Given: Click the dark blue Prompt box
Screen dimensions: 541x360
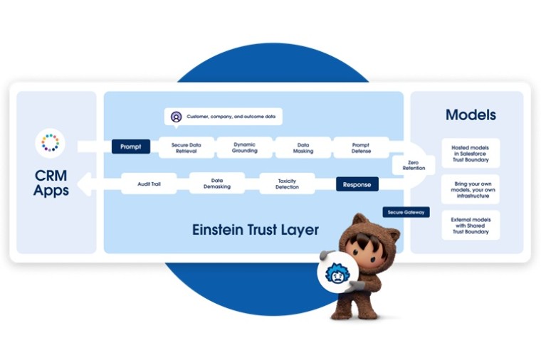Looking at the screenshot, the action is coord(131,147).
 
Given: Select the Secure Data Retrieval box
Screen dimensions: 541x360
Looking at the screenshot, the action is coord(187,148).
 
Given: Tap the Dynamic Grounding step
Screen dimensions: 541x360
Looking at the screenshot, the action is coord(245,147).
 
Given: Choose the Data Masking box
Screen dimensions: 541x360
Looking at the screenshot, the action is coord(303,148).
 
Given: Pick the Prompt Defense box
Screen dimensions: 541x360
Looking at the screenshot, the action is coord(361,148).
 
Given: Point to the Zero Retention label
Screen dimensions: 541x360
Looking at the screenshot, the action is coord(414,165).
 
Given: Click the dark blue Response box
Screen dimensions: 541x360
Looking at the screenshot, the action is coord(357,184).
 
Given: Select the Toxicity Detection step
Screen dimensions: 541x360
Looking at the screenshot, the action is coord(287,184).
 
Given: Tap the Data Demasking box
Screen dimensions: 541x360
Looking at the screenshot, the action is coord(217,184).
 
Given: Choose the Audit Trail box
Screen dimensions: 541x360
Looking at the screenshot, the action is coord(149,184).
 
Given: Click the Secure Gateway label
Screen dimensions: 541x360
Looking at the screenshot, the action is coord(406,212).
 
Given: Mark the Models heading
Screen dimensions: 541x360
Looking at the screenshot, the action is coord(471,115).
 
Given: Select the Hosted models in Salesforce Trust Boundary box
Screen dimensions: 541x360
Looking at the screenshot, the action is coord(471,154).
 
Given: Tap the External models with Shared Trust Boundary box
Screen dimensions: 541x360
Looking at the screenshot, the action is coord(471,226).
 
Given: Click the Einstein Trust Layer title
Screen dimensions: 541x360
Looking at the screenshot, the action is coord(256,230).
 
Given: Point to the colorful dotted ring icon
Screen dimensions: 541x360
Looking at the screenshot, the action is coord(51,143).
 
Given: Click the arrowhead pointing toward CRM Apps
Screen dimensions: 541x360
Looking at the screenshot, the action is coord(84,184).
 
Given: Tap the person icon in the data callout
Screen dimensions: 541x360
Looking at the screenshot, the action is coord(176,117).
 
